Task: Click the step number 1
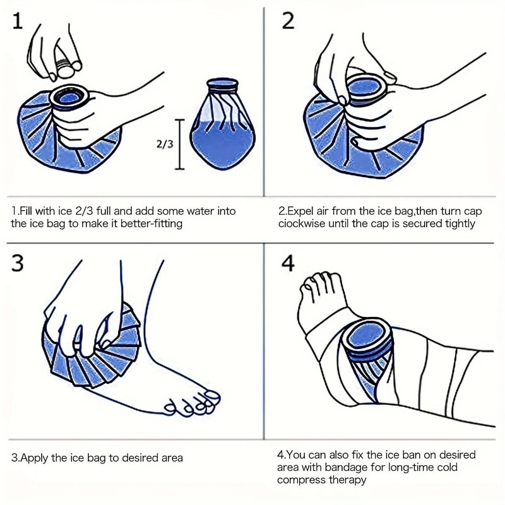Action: click(x=18, y=22)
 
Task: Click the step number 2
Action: click(x=288, y=21)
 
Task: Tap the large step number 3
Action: click(x=18, y=263)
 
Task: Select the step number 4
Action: click(x=288, y=263)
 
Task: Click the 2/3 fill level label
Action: click(x=164, y=144)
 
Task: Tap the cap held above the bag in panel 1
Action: click(x=65, y=64)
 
